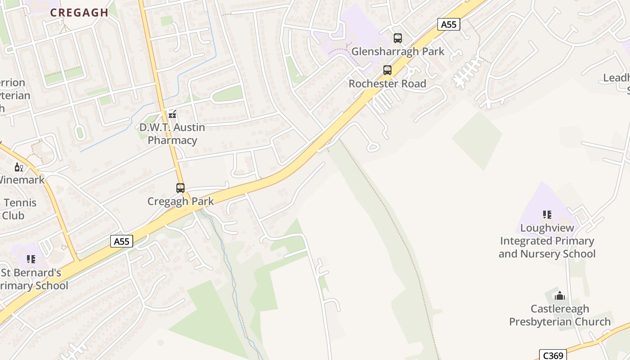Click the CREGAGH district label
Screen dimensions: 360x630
79,13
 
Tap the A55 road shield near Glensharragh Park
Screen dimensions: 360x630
449,24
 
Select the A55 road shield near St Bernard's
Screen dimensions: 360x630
121,241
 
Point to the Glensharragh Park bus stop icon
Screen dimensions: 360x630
397,38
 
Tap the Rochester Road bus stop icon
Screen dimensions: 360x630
387,70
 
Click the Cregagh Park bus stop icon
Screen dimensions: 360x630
180,188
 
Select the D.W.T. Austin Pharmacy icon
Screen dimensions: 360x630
172,114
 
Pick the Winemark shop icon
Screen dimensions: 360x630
18,167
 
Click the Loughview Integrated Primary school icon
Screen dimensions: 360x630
547,215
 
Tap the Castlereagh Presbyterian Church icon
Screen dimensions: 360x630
560,296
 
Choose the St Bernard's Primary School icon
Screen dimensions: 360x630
31,259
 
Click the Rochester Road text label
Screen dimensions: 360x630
387,84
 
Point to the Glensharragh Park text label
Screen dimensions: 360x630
398,51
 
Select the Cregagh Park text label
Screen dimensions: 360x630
180,201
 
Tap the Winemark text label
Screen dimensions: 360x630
21,180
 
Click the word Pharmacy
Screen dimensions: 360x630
172,140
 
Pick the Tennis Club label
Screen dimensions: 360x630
18,209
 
